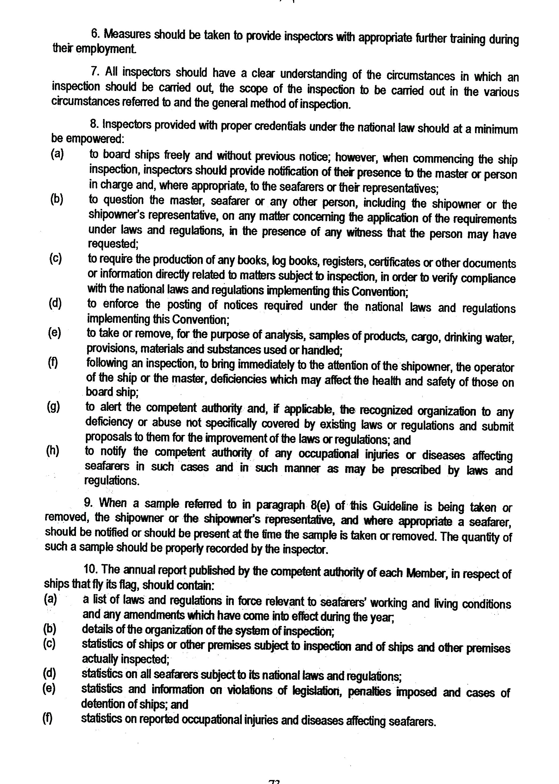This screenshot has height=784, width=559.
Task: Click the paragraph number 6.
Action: pyautogui.click(x=94, y=33)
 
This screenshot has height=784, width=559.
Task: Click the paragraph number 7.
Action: pyautogui.click(x=95, y=72)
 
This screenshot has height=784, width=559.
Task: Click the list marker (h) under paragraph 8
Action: pyautogui.click(x=53, y=451)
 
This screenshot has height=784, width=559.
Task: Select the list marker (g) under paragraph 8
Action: pyautogui.click(x=53, y=407)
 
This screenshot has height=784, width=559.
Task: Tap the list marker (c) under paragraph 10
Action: pyautogui.click(x=49, y=643)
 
